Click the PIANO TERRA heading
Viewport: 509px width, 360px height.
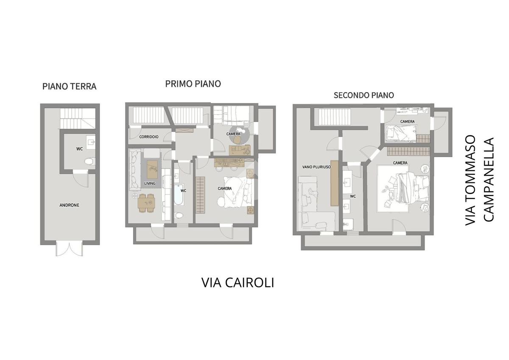pyautogui.click(x=69, y=87)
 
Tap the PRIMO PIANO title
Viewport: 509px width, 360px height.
pyautogui.click(x=193, y=84)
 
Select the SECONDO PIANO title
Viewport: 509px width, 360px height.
pyautogui.click(x=364, y=95)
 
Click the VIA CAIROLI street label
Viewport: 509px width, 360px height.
pyautogui.click(x=238, y=283)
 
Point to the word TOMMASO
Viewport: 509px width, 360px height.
pyautogui.click(x=470, y=180)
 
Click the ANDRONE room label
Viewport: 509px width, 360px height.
pyautogui.click(x=69, y=205)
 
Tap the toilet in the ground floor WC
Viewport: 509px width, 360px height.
pyautogui.click(x=90, y=161)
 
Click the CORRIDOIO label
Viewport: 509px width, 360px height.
pyautogui.click(x=149, y=137)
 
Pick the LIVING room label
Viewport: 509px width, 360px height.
pyautogui.click(x=150, y=183)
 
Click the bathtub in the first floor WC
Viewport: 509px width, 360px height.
pyautogui.click(x=179, y=195)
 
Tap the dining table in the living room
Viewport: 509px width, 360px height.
pyautogui.click(x=147, y=203)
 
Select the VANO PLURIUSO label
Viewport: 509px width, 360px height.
pyautogui.click(x=316, y=167)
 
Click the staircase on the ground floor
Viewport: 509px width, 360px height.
pyautogui.click(x=78, y=118)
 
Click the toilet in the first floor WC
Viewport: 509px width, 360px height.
pyautogui.click(x=179, y=215)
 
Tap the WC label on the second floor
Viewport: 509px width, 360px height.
pyautogui.click(x=353, y=196)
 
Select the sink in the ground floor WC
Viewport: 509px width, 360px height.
pyautogui.click(x=91, y=142)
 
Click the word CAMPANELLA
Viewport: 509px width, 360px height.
pyautogui.click(x=489, y=180)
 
